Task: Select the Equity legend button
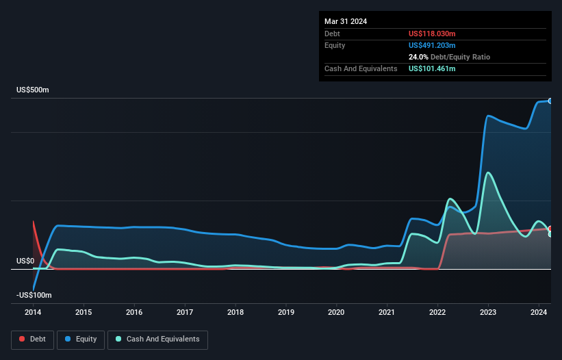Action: coord(81,339)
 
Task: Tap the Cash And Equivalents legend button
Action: coord(157,339)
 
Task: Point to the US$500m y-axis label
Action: coord(32,90)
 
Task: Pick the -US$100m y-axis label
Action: coord(34,295)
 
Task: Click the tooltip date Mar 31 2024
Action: coord(346,21)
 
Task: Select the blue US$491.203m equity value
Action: coord(433,45)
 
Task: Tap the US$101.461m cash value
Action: coord(432,68)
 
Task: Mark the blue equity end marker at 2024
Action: coord(550,101)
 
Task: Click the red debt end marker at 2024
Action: coord(550,229)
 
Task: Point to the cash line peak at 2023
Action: coord(488,172)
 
